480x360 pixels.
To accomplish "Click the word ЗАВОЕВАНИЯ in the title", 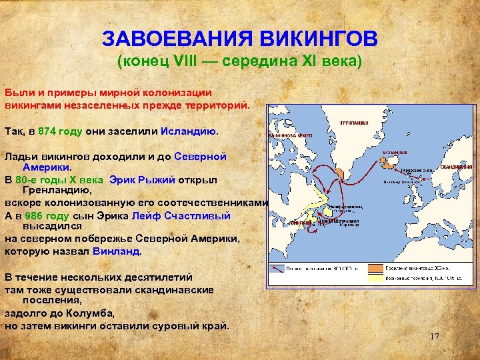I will click(x=169, y=38).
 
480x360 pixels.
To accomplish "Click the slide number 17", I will click(x=434, y=336).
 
